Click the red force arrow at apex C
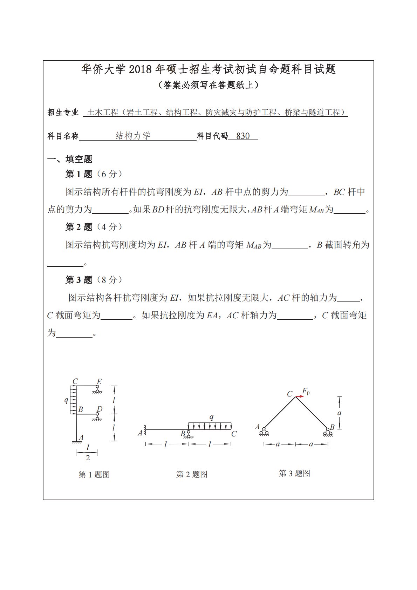pyautogui.click(x=299, y=396)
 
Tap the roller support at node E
pyautogui.click(x=97, y=389)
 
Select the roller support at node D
pyautogui.click(x=97, y=416)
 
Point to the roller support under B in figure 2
pyautogui.click(x=189, y=435)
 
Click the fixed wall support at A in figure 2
pyautogui.click(x=145, y=430)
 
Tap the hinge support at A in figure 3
pyautogui.click(x=264, y=433)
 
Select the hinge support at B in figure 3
pyautogui.click(x=328, y=433)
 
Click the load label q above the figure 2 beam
pyautogui.click(x=211, y=417)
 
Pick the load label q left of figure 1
pyautogui.click(x=66, y=400)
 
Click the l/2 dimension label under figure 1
pyautogui.click(x=88, y=453)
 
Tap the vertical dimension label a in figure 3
pyautogui.click(x=339, y=413)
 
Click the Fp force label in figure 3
pyautogui.click(x=306, y=391)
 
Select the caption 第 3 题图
pyautogui.click(x=294, y=473)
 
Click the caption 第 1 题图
pyautogui.click(x=94, y=475)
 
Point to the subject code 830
pyautogui.click(x=243, y=136)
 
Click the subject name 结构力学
pyautogui.click(x=133, y=136)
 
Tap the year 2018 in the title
pyautogui.click(x=140, y=69)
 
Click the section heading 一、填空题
pyautogui.click(x=70, y=159)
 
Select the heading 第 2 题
pyautogui.click(x=79, y=227)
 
